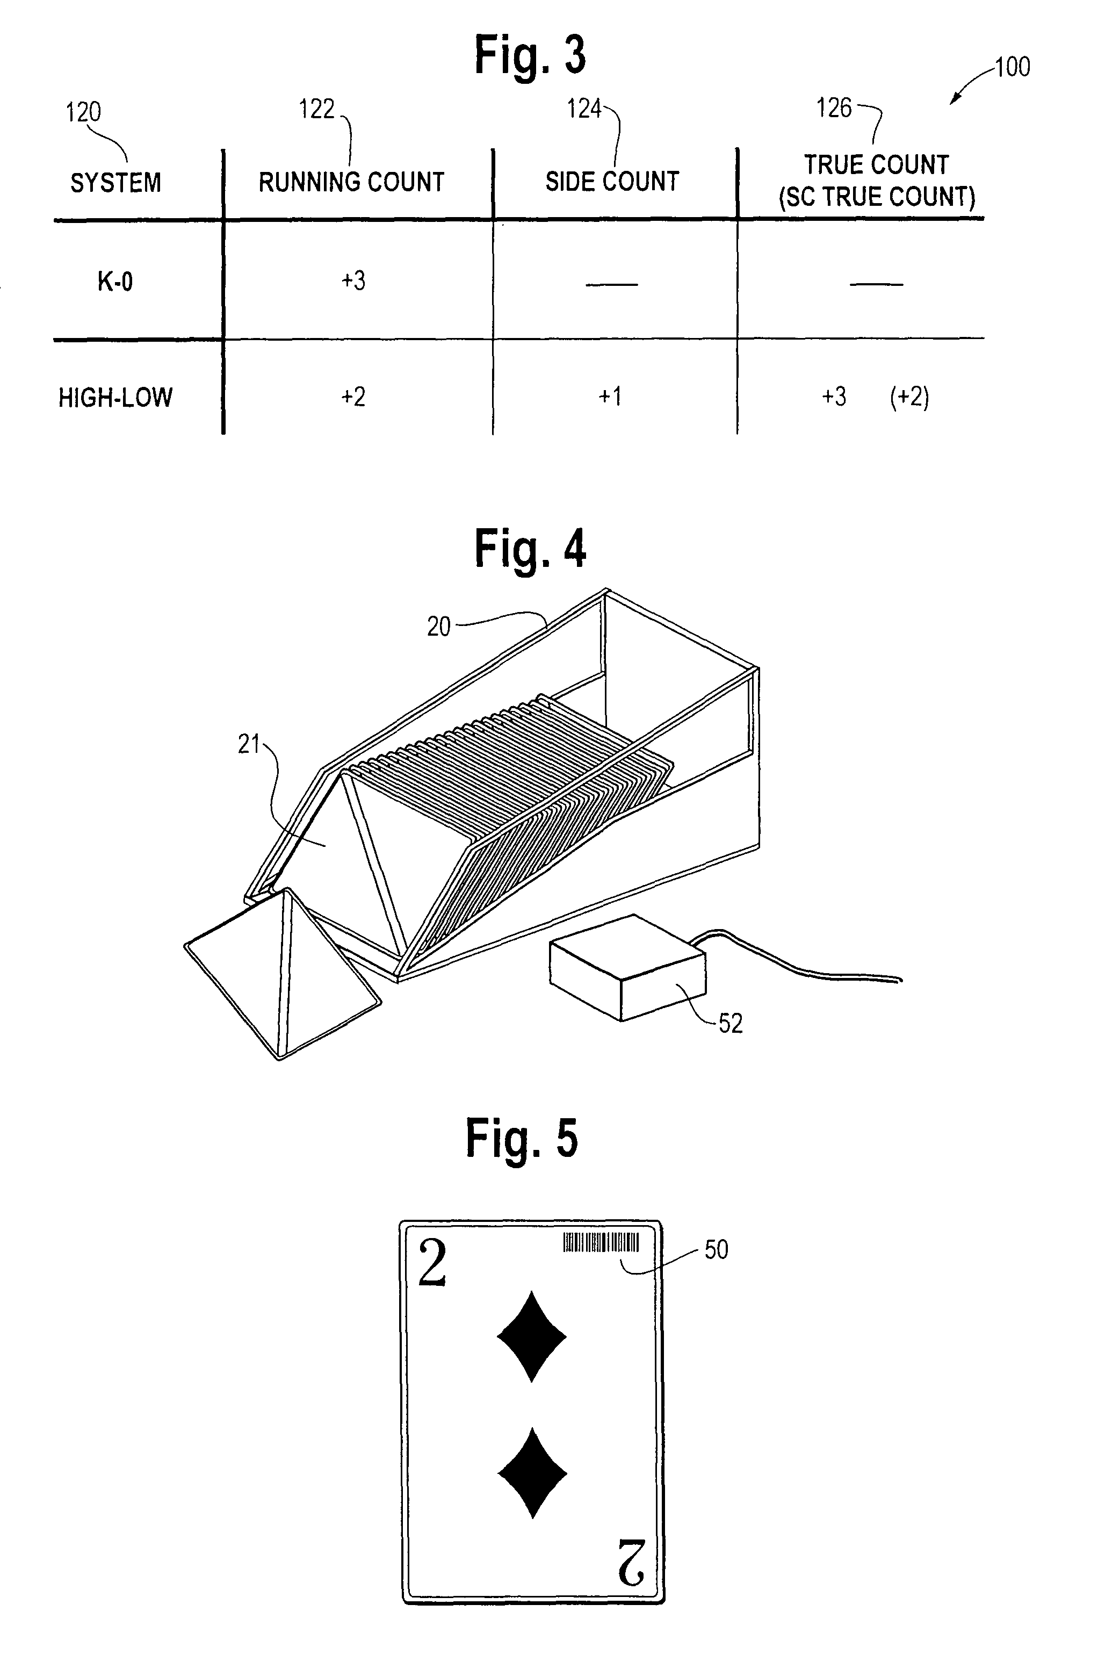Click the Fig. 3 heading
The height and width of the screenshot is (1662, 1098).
pos(530,55)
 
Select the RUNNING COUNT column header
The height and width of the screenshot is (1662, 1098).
pos(351,182)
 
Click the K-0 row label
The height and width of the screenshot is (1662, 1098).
pos(115,282)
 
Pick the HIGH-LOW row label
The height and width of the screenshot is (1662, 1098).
pos(115,398)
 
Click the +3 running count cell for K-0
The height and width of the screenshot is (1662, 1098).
pos(353,281)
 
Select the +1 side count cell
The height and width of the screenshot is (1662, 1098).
pos(610,397)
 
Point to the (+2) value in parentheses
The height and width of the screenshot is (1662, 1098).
pos(909,397)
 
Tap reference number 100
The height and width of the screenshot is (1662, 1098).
pos(1013,67)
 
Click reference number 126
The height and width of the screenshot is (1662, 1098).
pos(834,108)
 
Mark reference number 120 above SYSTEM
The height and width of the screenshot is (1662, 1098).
pos(83,112)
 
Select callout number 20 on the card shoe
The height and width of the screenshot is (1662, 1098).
pos(439,626)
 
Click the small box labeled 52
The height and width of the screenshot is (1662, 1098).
pos(628,967)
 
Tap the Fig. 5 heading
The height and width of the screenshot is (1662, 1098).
pos(522,1138)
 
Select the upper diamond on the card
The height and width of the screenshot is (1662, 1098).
pos(531,1336)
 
